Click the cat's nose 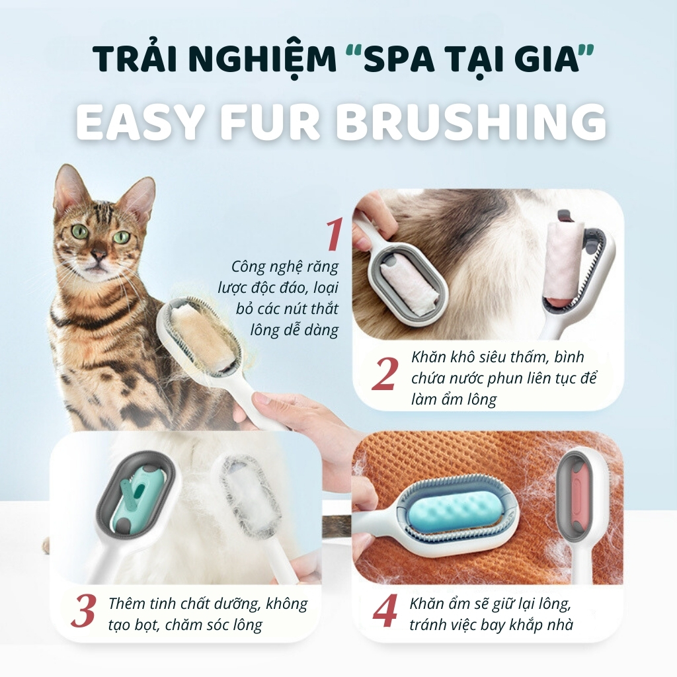coord(99,255)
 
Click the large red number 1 coord(334,235)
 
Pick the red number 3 coord(84,612)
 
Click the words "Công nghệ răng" coord(284,267)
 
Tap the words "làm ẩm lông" coord(454,399)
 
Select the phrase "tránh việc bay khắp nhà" coord(491,625)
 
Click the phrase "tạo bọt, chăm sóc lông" coord(185,625)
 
